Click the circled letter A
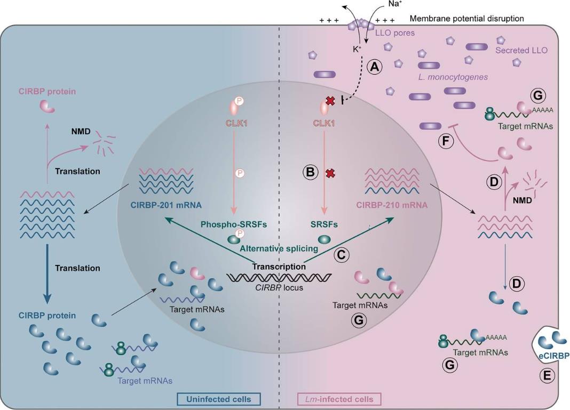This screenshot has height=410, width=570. point(376,67)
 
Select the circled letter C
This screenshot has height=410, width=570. point(342,255)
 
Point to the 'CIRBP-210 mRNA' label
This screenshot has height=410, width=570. point(393,204)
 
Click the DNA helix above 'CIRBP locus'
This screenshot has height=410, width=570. point(279,278)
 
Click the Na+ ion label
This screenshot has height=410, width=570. point(396,4)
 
